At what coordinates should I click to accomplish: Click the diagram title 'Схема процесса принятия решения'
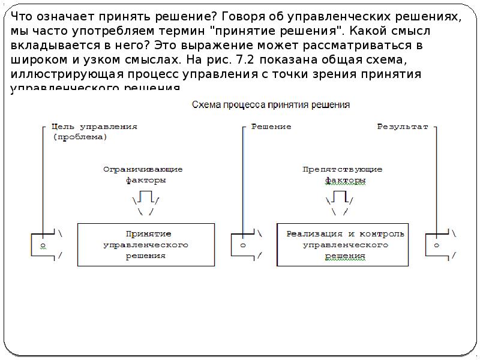270,104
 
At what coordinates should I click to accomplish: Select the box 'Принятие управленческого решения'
146,244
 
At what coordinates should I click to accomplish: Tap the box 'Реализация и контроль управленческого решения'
345,244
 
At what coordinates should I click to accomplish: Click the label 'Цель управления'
95,127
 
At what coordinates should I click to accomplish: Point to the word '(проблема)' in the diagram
80,137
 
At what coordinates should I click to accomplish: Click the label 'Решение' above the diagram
271,127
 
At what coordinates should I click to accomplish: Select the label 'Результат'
402,127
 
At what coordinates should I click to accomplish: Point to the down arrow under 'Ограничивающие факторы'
145,201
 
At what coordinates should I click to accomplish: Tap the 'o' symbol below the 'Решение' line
242,245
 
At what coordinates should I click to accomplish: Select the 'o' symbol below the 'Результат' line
436,245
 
